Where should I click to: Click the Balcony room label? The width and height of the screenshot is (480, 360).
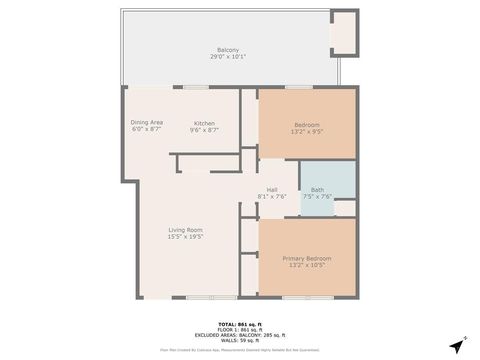tap(228, 50)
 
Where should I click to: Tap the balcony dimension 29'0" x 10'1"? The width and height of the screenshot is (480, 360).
tap(228, 57)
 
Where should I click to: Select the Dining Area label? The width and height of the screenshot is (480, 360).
tap(147, 122)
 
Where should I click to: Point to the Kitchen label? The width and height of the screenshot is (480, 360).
tap(204, 122)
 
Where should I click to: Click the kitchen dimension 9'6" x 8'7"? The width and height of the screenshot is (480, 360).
tap(204, 130)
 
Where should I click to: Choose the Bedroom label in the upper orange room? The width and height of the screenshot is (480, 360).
tap(306, 125)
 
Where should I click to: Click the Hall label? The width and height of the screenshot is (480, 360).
tap(272, 189)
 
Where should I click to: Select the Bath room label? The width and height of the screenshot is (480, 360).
tap(317, 189)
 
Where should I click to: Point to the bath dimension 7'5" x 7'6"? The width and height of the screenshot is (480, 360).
tap(317, 196)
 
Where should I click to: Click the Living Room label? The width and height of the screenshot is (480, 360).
tap(185, 230)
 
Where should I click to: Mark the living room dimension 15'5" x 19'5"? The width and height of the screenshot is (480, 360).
tap(185, 237)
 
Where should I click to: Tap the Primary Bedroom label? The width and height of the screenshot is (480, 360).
tap(306, 257)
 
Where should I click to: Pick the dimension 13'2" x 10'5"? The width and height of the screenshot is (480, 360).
tap(306, 264)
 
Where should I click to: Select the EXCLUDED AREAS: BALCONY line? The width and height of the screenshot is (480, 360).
tap(239, 335)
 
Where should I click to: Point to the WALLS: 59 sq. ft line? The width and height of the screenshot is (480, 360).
tap(239, 340)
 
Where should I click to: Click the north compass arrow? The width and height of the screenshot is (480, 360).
tap(458, 345)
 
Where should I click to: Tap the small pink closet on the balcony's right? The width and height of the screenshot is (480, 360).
tap(343, 32)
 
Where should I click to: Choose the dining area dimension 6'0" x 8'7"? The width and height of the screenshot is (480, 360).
tap(147, 130)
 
